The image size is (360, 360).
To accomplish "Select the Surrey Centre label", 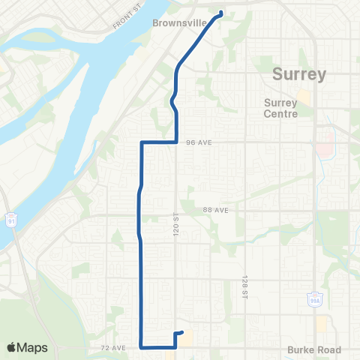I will [282, 109].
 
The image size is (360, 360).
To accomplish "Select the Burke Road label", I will [314, 349].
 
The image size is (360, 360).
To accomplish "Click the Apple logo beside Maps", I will [12, 347].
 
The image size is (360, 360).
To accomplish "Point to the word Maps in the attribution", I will [34, 347].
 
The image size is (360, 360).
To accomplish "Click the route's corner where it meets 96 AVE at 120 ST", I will [175, 141].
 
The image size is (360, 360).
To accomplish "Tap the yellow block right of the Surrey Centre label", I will [304, 97].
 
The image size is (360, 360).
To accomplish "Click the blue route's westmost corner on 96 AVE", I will [142, 141].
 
